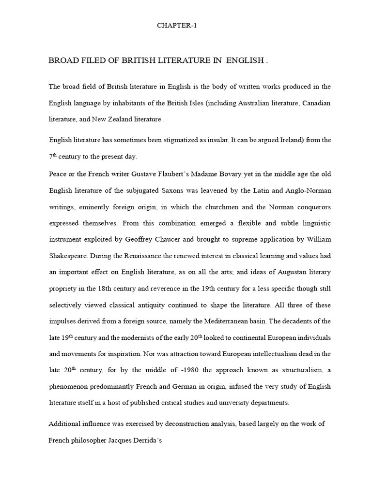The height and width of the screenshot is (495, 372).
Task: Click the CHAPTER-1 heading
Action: tap(177, 26)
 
